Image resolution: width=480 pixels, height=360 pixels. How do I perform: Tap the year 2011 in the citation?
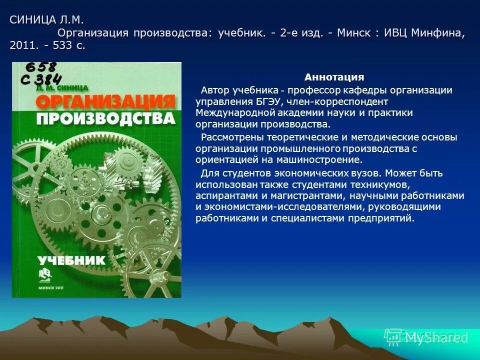(21, 45)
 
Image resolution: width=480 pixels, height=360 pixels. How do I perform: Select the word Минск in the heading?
(355, 33)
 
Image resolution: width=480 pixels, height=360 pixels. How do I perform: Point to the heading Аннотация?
(334, 77)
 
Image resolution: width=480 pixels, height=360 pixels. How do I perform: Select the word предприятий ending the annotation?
(384, 218)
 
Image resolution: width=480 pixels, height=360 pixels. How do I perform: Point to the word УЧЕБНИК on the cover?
(72, 260)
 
